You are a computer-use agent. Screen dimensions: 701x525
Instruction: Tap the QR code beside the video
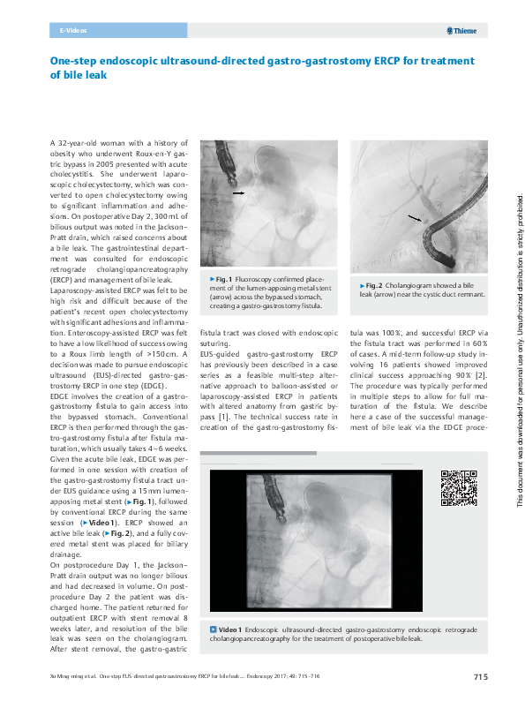[x=457, y=488]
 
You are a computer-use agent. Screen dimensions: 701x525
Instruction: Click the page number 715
[x=480, y=677]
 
